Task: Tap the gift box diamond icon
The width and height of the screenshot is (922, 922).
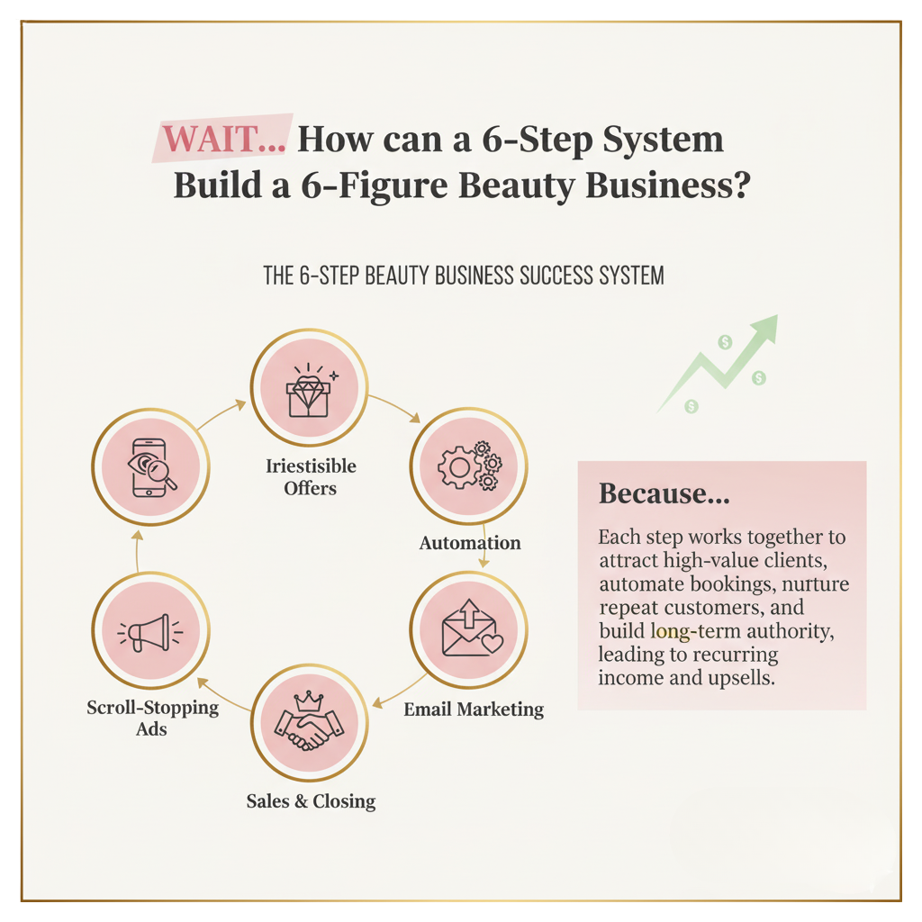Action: pos(309,390)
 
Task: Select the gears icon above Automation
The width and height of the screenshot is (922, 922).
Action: pos(469,465)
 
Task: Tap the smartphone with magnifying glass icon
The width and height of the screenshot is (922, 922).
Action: pos(150,466)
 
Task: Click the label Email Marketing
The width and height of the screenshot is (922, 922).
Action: pos(474,709)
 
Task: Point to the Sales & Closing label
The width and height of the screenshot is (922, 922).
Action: pos(311,800)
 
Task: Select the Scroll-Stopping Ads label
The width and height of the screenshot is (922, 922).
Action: pos(152,718)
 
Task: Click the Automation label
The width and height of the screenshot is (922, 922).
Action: pos(470,543)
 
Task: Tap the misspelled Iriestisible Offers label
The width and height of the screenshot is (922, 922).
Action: pos(311,477)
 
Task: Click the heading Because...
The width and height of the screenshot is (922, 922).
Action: pos(664,493)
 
